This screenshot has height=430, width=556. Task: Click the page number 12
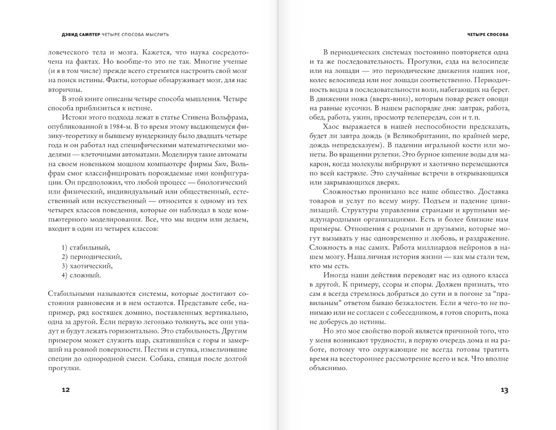click(65, 390)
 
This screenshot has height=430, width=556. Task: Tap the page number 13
click(504, 390)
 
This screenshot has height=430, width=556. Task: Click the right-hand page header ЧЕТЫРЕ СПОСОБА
click(487, 35)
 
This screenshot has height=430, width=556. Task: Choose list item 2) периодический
click(91, 256)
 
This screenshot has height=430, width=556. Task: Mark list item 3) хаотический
click(87, 266)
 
